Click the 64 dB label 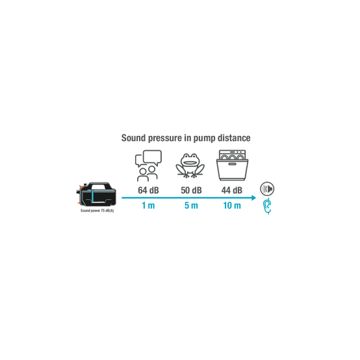tap(148, 190)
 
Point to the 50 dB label tap(191, 190)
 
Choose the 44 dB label tap(232, 190)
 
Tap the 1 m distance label tap(148, 205)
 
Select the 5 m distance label tap(191, 205)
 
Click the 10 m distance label tap(232, 205)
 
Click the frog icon tap(190, 166)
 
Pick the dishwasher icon tap(233, 165)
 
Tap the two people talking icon tap(148, 166)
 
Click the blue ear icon tap(268, 206)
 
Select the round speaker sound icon tap(267, 189)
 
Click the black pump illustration tap(96, 195)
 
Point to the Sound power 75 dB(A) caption tap(97, 211)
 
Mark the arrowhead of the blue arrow tap(253, 198)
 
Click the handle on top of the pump tap(99, 186)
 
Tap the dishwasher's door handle tap(232, 164)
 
